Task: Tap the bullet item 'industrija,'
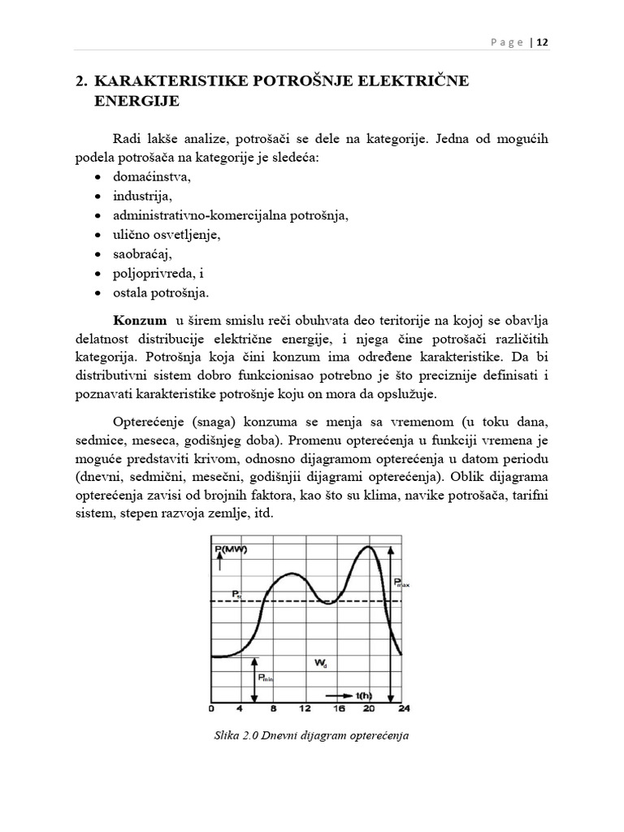[143, 196]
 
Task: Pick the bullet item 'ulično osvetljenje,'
[167, 235]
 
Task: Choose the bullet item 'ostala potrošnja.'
[162, 293]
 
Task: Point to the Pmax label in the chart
[401, 582]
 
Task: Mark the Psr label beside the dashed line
[236, 595]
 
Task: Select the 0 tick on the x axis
[211, 708]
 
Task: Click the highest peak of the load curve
[369, 547]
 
